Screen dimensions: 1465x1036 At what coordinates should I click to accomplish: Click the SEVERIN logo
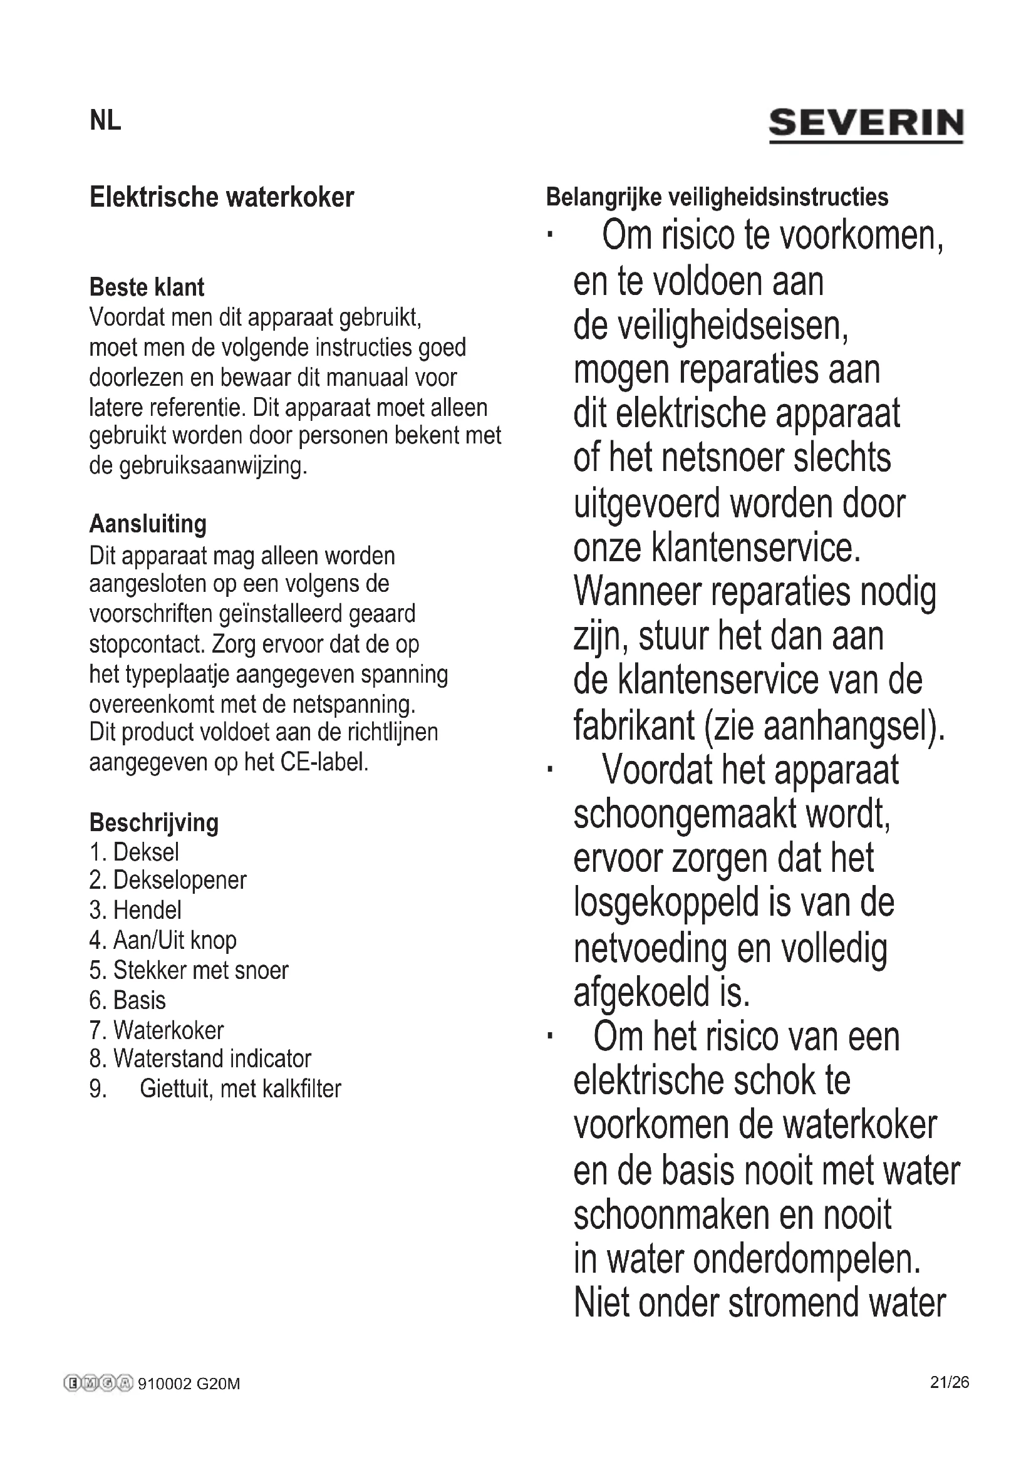[x=866, y=124]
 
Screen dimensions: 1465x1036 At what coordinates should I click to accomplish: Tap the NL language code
[x=105, y=121]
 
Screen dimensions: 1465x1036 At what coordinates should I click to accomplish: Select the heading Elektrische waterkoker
[x=221, y=197]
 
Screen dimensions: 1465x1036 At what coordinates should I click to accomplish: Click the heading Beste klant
[x=147, y=287]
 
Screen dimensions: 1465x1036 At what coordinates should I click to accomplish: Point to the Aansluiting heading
[x=148, y=524]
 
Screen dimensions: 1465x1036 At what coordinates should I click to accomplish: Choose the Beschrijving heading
[x=153, y=822]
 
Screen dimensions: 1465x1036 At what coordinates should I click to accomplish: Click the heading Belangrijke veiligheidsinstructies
[x=717, y=197]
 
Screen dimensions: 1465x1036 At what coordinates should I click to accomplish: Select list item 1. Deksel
[x=135, y=852]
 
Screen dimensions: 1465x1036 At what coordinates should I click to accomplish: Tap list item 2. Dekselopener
[x=168, y=881]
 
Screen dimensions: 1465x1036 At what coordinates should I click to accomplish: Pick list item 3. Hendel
[x=135, y=910]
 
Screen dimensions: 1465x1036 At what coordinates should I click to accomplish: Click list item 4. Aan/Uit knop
[x=163, y=940]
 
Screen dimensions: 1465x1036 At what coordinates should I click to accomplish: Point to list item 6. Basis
[x=128, y=1000]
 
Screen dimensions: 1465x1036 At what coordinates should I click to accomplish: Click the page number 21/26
[x=949, y=1382]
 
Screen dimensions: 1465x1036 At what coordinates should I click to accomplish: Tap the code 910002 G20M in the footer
[x=189, y=1384]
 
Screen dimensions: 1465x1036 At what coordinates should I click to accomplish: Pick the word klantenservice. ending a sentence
[x=755, y=548]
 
